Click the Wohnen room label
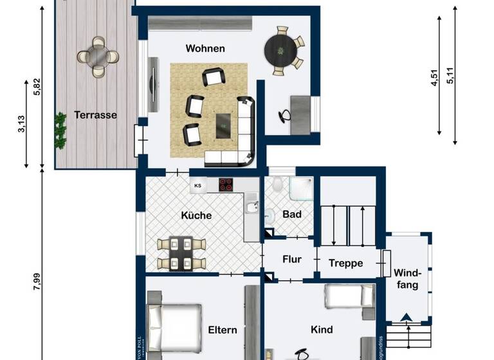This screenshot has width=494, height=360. tap(205, 49)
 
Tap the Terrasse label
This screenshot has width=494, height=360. tap(95, 116)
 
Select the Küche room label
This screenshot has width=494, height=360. tap(196, 216)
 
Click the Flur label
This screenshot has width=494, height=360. tap(292, 260)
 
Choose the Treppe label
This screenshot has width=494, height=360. tap(346, 264)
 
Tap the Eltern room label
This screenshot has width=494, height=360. tap(223, 330)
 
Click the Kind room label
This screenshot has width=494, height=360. tap(322, 330)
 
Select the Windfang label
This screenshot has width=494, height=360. tap(407, 278)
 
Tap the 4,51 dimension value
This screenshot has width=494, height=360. tap(434, 78)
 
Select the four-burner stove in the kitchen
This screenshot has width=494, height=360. tap(226, 185)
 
